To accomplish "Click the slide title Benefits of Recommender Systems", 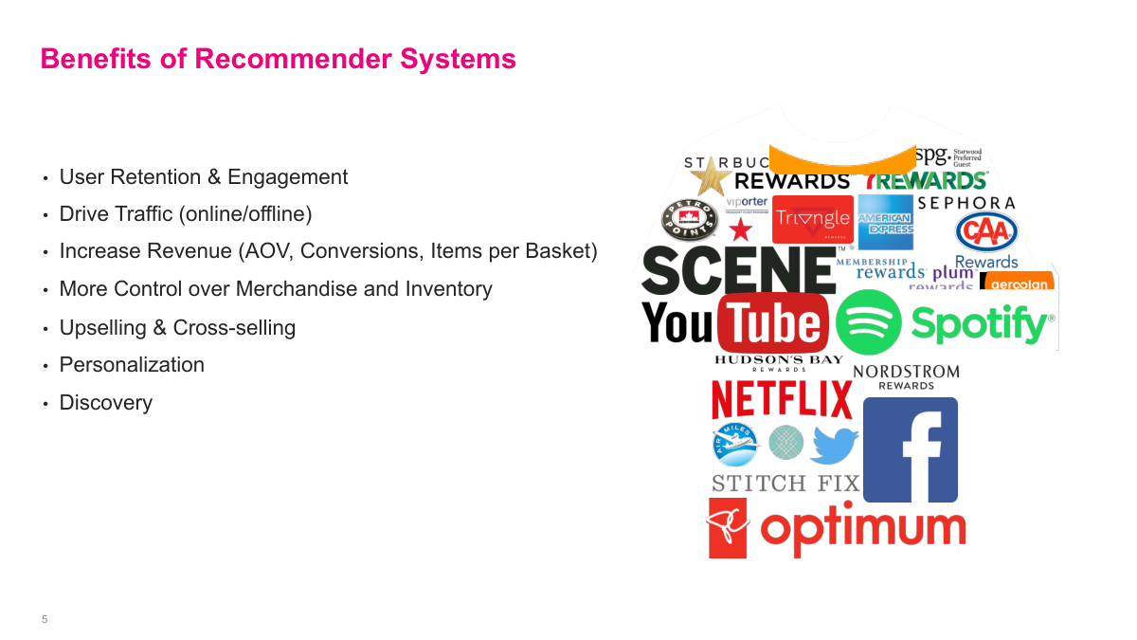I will [278, 59].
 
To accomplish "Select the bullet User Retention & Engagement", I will [203, 177].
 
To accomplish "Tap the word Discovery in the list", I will [105, 403].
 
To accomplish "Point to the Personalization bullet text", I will [132, 365].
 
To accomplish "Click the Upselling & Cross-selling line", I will [177, 328].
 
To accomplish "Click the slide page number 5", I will [45, 619].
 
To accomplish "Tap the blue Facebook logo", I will [910, 449].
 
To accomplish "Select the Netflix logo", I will [782, 398].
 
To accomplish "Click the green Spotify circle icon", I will [868, 322].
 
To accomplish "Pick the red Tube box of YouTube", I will [773, 322].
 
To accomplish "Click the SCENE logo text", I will [737, 270].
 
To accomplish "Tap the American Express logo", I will [885, 223].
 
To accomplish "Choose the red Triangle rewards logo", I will [812, 219].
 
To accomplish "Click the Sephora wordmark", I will [966, 203].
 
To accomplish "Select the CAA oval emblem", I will [986, 232].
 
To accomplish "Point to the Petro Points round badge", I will [689, 219].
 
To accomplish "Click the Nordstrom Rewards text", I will [906, 376].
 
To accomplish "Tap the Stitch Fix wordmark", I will [785, 483].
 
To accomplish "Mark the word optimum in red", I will [862, 528].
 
